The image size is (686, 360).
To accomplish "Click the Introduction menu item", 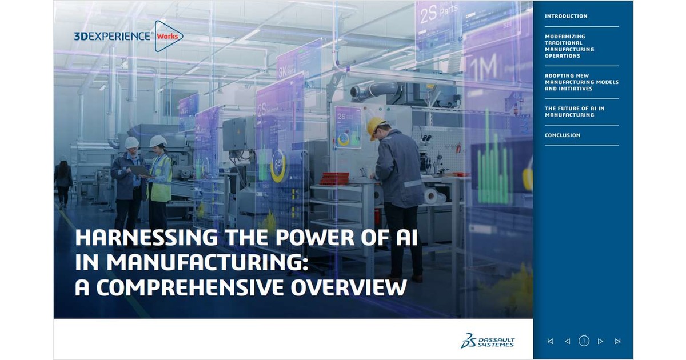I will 565,16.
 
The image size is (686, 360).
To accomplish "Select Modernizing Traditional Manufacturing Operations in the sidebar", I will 569,46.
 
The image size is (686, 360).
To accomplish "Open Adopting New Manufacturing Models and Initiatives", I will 581,82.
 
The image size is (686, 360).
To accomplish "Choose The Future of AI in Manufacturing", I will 574,111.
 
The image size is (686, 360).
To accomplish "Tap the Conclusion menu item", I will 562,135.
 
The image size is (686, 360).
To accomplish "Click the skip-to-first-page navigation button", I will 550,341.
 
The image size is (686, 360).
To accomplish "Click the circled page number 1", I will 584,341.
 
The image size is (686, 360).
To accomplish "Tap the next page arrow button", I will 600,341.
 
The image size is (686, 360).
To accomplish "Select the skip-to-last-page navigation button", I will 617,341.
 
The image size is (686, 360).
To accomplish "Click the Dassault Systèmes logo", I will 488,341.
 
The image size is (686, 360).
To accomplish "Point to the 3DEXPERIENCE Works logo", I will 128,36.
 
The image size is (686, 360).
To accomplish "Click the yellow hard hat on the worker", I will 376,125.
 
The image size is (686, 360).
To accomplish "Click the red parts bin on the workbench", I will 334,178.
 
